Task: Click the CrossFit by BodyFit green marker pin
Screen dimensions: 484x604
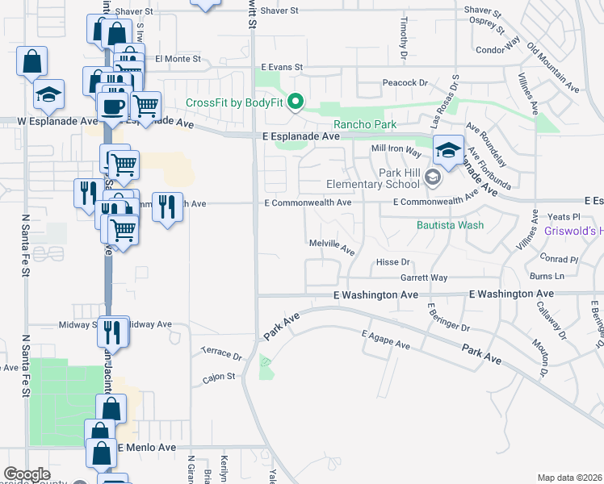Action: [296, 102]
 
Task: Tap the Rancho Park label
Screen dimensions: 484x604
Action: [365, 124]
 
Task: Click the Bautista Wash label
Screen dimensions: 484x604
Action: [450, 224]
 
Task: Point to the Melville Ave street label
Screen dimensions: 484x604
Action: [332, 246]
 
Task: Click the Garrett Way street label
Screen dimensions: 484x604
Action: [424, 277]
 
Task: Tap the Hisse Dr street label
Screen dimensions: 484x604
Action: [394, 263]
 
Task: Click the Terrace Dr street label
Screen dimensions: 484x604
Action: [221, 354]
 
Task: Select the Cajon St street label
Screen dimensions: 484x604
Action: [219, 376]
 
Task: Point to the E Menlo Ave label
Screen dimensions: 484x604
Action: [147, 447]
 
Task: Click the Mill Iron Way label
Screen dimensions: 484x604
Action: [396, 150]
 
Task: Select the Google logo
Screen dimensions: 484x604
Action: [27, 474]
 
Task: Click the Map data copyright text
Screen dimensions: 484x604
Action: [570, 478]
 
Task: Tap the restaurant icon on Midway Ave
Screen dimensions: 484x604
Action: [114, 331]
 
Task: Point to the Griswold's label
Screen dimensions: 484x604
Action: [569, 231]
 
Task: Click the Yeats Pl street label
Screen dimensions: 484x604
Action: [564, 217]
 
